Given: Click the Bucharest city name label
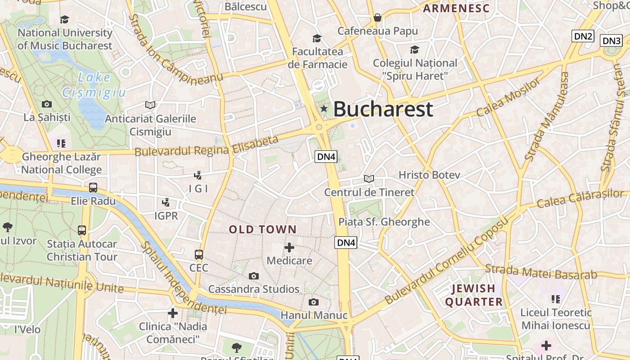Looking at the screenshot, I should [383, 109].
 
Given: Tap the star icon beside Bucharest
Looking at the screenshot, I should [324, 108].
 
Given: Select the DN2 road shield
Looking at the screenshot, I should [583, 36].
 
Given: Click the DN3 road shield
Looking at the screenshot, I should [612, 41].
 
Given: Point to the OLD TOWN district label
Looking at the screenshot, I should [263, 229].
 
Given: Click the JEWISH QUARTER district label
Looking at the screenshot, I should [474, 295].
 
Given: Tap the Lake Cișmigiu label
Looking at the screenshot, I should [94, 85].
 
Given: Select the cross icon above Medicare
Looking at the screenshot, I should [289, 247].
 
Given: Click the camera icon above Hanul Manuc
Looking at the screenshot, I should [314, 302].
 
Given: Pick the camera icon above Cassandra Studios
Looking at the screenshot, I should [254, 276].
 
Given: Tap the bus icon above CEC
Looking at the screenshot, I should [199, 255].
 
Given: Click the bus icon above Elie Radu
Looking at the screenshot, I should [93, 188].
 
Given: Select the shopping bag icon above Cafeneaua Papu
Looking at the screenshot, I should [378, 18].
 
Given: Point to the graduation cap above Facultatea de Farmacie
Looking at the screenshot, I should [317, 38].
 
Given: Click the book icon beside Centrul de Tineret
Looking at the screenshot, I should [369, 179].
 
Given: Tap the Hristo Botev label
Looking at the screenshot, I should [429, 175].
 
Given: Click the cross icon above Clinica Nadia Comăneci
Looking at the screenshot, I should [172, 313].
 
